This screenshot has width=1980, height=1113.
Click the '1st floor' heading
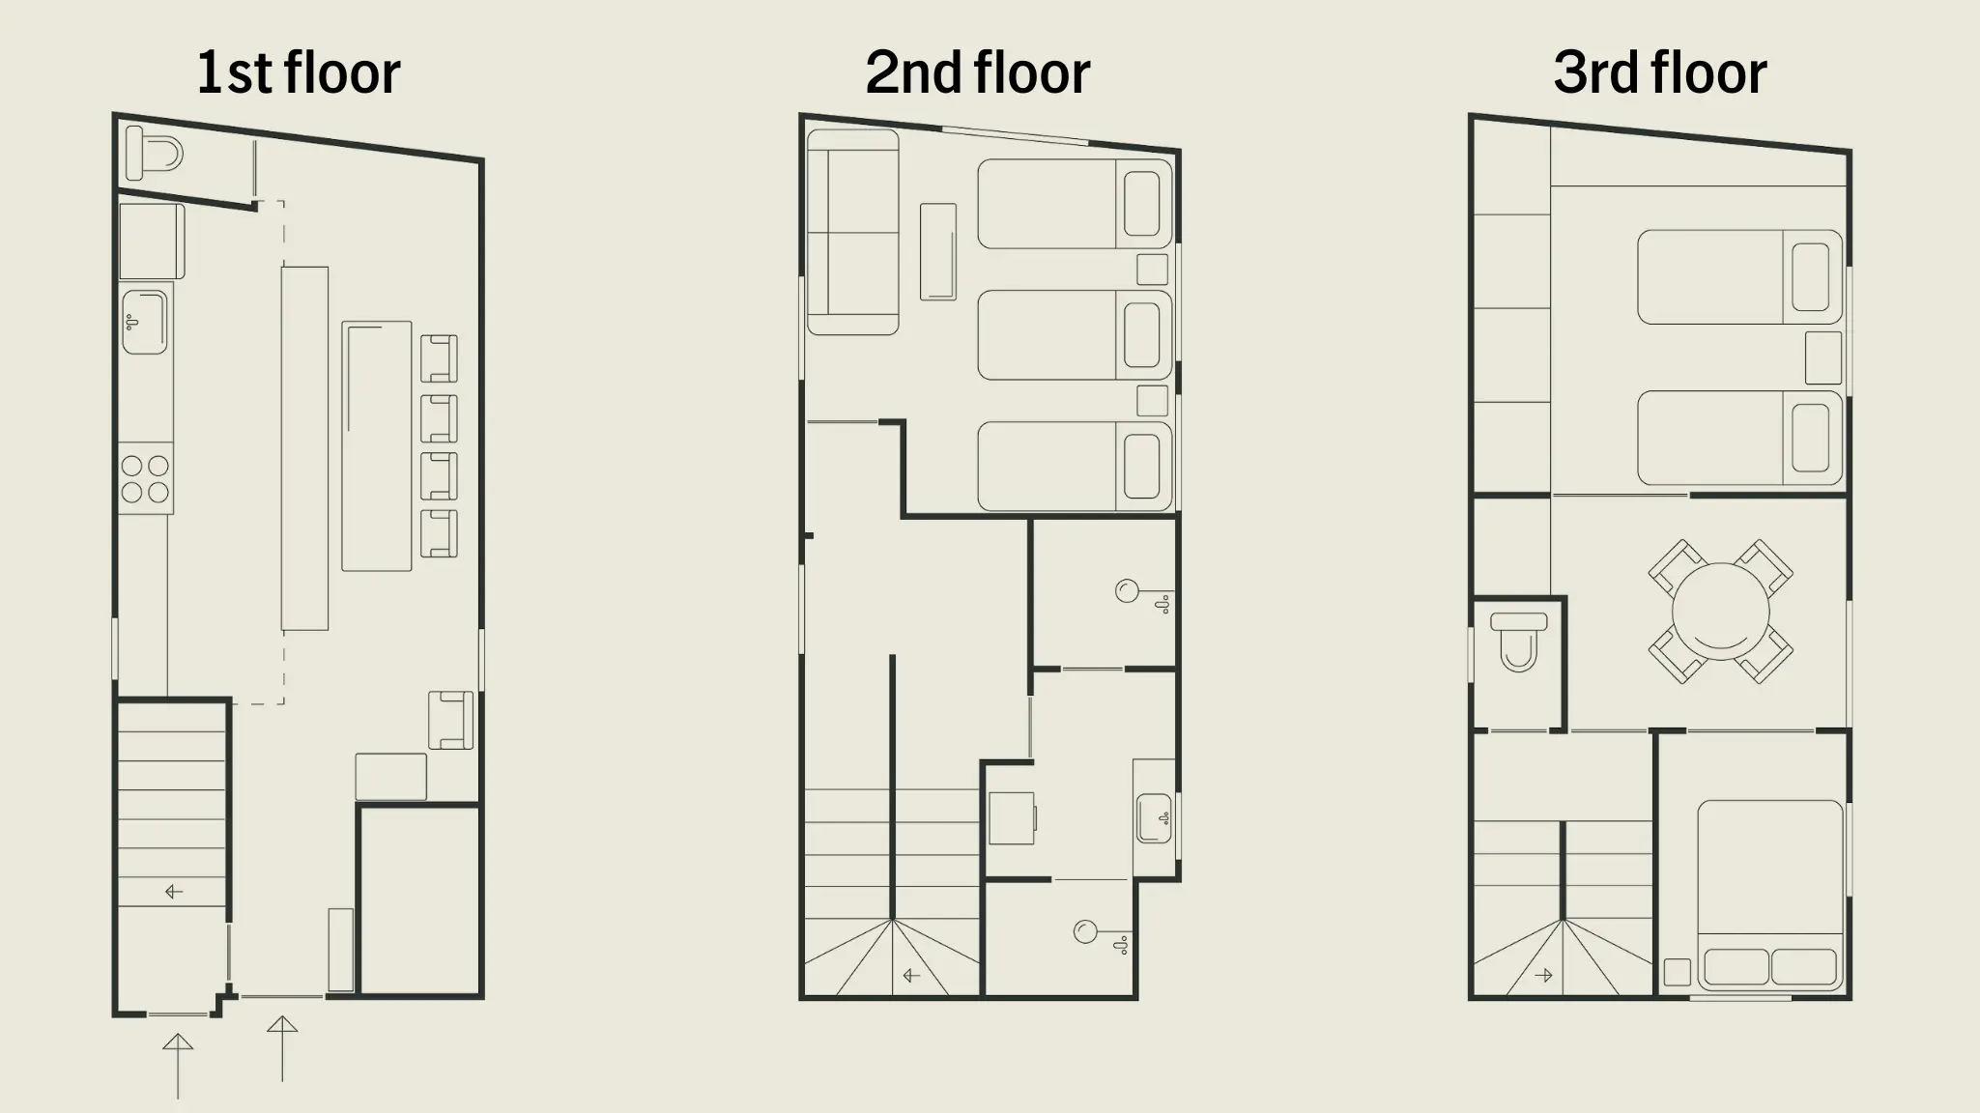click(x=298, y=72)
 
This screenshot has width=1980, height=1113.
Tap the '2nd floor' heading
click(x=978, y=72)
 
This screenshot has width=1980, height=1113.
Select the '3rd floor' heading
click(x=1660, y=72)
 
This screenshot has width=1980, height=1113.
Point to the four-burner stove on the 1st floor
click(x=146, y=479)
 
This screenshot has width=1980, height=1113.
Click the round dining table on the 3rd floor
click(x=1720, y=612)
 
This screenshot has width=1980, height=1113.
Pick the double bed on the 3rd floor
click(x=1770, y=897)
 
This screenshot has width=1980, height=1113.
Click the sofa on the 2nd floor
click(x=852, y=233)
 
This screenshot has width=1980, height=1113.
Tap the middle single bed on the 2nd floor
click(x=1075, y=335)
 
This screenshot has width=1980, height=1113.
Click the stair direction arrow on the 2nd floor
click(x=911, y=976)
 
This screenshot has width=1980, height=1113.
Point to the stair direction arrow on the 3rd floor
click(x=1543, y=976)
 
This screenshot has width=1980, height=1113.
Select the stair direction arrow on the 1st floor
click(x=174, y=892)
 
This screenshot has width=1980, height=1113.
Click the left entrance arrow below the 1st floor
click(x=178, y=1066)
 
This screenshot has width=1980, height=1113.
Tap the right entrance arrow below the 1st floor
click(x=282, y=1048)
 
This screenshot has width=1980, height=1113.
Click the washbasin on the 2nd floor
click(x=1154, y=818)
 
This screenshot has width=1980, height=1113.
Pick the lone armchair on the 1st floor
click(x=450, y=720)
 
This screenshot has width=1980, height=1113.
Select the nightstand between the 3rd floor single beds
click(x=1823, y=357)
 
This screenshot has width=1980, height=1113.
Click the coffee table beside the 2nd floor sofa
click(x=938, y=251)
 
